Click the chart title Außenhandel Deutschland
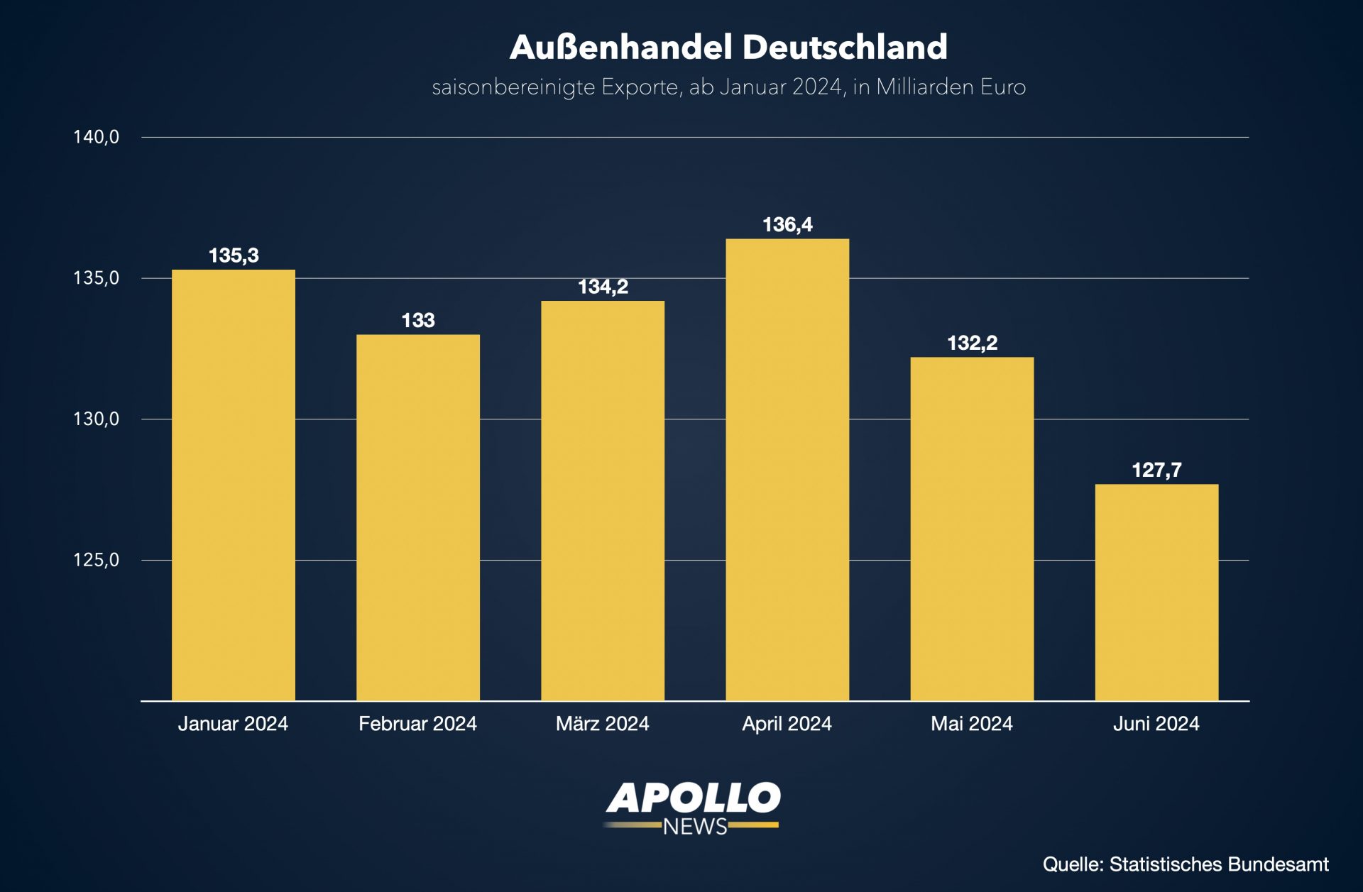tap(728, 48)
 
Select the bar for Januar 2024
tap(234, 485)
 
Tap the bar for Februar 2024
tap(418, 518)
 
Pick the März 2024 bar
tap(603, 501)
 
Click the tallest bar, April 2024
tap(787, 470)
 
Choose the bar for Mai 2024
tap(972, 529)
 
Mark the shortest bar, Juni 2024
tap(1156, 593)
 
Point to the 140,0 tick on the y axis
tap(97, 137)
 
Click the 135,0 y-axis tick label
tap(97, 278)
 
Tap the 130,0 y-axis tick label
tap(97, 419)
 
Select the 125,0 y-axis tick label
tap(97, 560)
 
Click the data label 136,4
tap(787, 225)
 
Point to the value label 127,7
tap(1156, 470)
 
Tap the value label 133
tap(418, 321)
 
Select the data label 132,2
tap(972, 343)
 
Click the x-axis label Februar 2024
tap(417, 724)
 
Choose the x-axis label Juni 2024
tap(1156, 724)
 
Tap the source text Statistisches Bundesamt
tap(1219, 864)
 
